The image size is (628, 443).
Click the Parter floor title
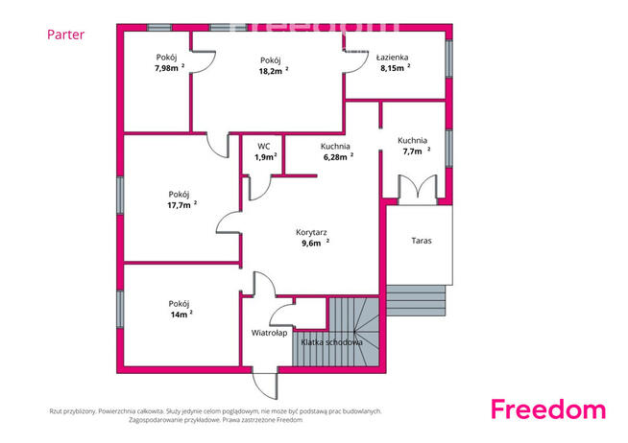[x=65, y=35]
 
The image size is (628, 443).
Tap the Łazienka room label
[x=392, y=58]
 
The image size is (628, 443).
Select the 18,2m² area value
[x=274, y=71]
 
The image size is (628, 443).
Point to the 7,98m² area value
[x=169, y=68]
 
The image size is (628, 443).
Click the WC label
[x=263, y=147]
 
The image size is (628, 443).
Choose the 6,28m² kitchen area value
[x=338, y=157]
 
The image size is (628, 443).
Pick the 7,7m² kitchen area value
[x=416, y=152]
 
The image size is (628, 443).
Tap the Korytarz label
[x=311, y=232]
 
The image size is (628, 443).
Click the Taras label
[x=422, y=241]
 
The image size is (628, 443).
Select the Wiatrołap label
[x=269, y=333]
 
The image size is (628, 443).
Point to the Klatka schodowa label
[x=331, y=342]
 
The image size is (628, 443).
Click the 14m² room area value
[x=181, y=315]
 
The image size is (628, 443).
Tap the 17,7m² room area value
[x=181, y=205]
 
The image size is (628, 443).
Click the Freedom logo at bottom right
[x=548, y=409]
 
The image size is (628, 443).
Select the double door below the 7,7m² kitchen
[x=418, y=190]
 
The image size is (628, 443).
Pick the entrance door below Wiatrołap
[x=265, y=385]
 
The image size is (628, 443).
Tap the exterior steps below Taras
[x=416, y=301]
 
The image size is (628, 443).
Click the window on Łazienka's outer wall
[x=449, y=58]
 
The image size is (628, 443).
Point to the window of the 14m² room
[x=120, y=309]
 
